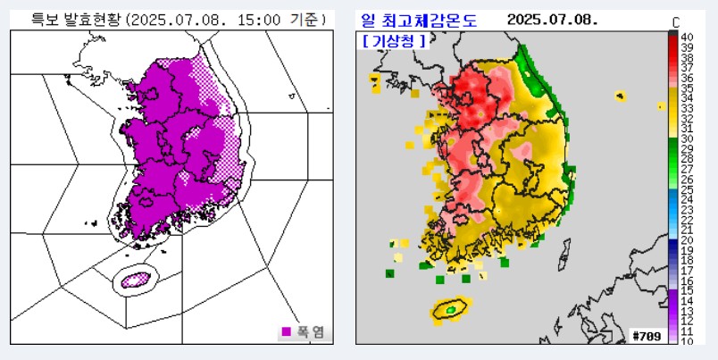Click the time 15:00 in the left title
[258, 19]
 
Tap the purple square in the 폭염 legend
[287, 331]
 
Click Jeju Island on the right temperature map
[451, 308]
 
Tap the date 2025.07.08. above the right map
[551, 20]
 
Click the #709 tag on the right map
[645, 335]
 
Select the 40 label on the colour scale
[687, 38]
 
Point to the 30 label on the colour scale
[687, 138]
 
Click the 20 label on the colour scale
[687, 240]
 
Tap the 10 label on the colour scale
[687, 341]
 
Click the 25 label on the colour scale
[687, 189]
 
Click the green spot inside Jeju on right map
[451, 309]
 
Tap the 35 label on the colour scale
[687, 88]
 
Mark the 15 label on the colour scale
[687, 290]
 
